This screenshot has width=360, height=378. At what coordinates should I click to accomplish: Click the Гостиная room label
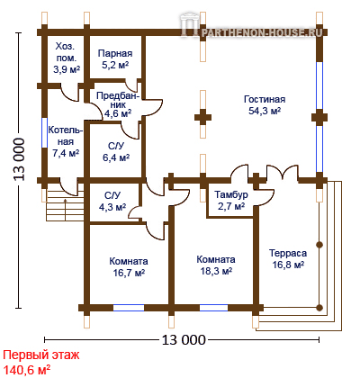[x=265, y=99]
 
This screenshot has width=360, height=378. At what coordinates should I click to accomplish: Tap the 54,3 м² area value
[x=265, y=111]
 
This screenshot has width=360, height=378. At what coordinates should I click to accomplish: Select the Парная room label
[x=115, y=53]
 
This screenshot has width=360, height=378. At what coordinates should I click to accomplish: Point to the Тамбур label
[x=231, y=194]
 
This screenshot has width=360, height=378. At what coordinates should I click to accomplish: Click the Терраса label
[x=288, y=253]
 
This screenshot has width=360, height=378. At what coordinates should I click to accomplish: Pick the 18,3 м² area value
[x=216, y=271]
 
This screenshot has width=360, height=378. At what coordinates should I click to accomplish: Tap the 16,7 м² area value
[x=129, y=273]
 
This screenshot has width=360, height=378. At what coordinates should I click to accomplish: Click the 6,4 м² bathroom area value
[x=116, y=157]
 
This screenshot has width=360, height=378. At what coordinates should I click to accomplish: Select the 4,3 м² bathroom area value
[x=112, y=207]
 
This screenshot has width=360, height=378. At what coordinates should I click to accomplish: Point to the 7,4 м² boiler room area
[x=66, y=153]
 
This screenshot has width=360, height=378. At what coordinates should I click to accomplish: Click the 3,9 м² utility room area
[x=67, y=69]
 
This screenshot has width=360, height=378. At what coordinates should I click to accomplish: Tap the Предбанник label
[x=118, y=100]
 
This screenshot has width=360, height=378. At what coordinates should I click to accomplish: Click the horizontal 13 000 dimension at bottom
[x=184, y=340]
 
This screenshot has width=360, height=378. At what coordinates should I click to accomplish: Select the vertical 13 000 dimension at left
[x=19, y=159]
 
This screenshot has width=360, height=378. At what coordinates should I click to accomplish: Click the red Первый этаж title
[x=41, y=355]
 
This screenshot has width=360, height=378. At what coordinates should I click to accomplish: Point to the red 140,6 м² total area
[x=26, y=370]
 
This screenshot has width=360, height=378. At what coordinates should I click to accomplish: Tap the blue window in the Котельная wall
[x=44, y=132]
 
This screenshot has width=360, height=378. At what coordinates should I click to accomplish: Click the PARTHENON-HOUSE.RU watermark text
[x=261, y=31]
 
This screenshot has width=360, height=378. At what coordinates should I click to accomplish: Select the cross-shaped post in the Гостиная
[x=203, y=117]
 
